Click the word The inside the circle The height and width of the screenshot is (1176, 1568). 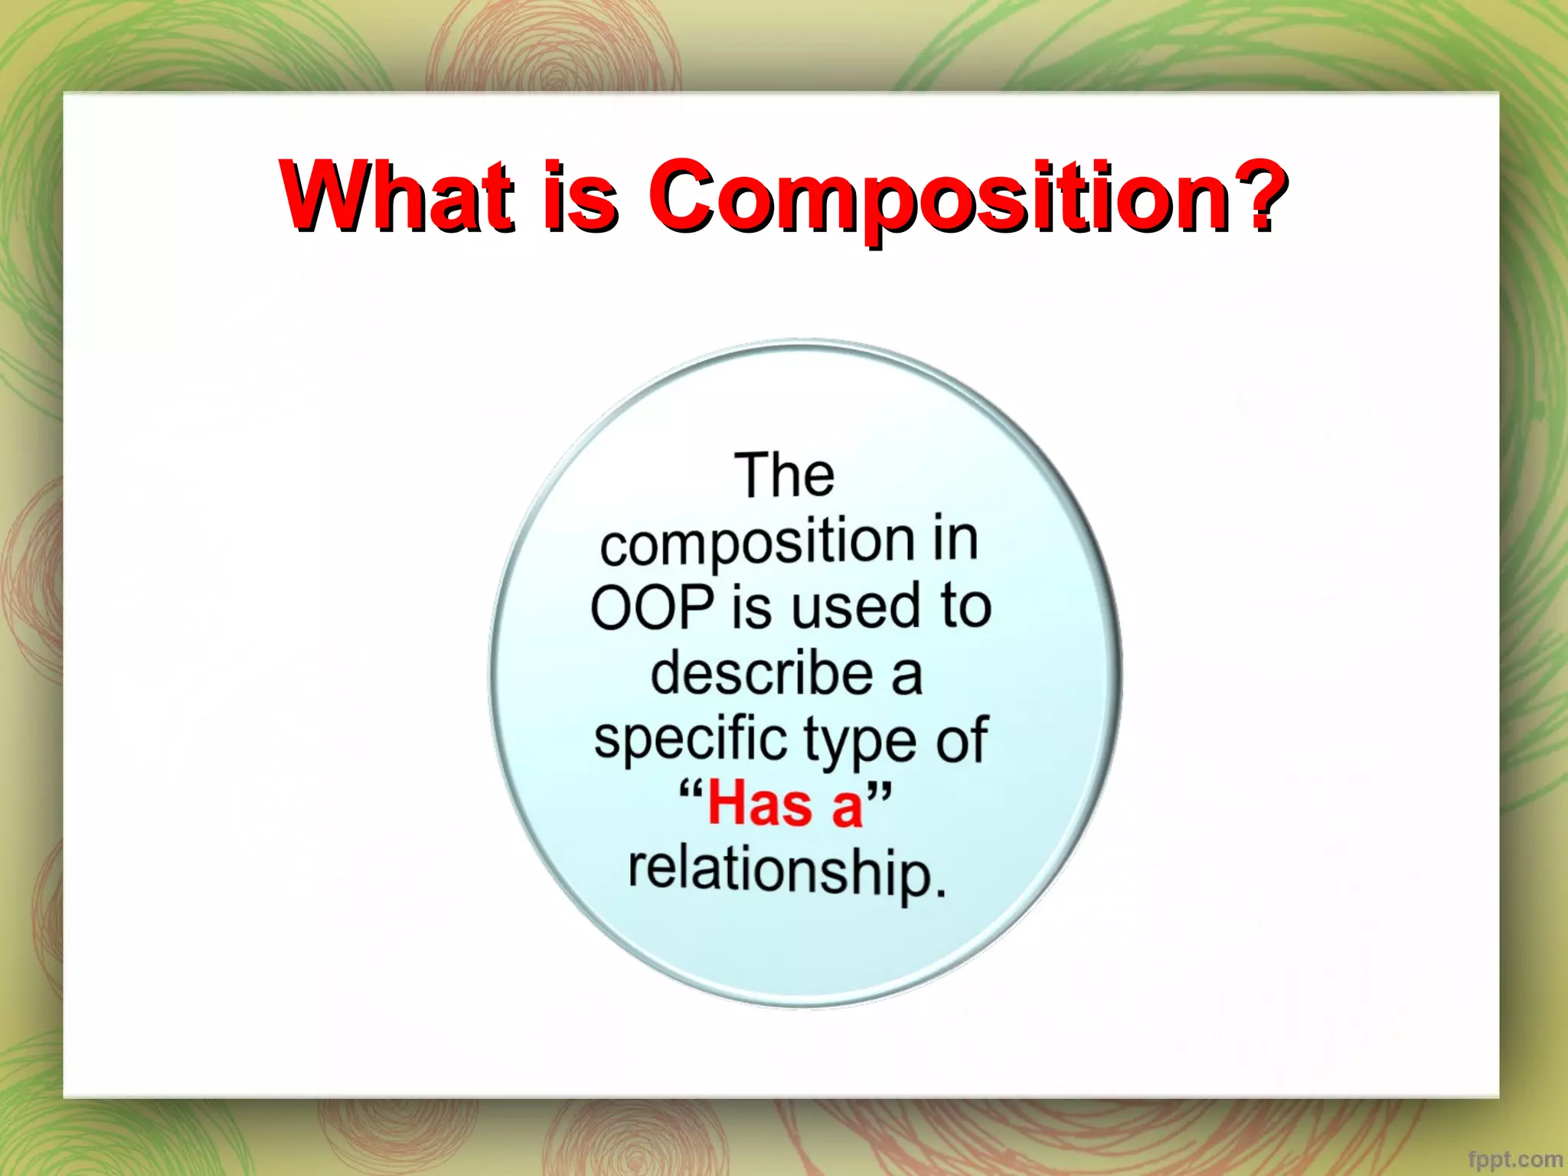pos(784,475)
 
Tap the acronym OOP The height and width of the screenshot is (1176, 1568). pos(652,608)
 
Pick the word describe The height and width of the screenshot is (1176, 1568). pos(761,674)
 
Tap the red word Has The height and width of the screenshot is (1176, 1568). pos(759,805)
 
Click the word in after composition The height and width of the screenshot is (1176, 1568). pos(955,541)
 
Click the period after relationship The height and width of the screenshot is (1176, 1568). pos(941,891)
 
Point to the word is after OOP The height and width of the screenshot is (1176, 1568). pos(751,608)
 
